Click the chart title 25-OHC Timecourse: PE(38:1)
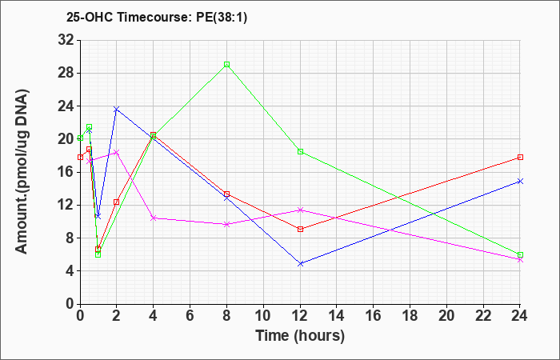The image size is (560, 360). point(157,18)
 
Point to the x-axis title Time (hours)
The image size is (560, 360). point(300,336)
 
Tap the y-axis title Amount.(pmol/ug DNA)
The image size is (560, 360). point(22,171)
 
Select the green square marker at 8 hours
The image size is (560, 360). point(226,65)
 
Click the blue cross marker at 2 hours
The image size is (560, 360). point(117,109)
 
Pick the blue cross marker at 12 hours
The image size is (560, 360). point(300,263)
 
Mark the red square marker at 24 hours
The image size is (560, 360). point(520,157)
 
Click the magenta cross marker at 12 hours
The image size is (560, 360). point(300,210)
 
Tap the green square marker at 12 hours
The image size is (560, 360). point(300,151)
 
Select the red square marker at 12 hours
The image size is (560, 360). point(300,229)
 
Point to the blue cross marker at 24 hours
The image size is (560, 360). point(520,181)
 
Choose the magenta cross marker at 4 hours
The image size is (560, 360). point(154,218)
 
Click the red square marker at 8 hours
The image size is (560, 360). point(226,194)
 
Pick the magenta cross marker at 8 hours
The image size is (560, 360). point(226,224)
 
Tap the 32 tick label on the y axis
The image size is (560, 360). point(66,40)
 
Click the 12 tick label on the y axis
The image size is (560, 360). point(66,205)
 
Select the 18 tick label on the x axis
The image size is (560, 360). point(410,316)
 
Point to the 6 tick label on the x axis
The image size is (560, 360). point(190,316)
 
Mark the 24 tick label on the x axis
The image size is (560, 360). point(519,316)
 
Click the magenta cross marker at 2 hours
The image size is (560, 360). point(117,153)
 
